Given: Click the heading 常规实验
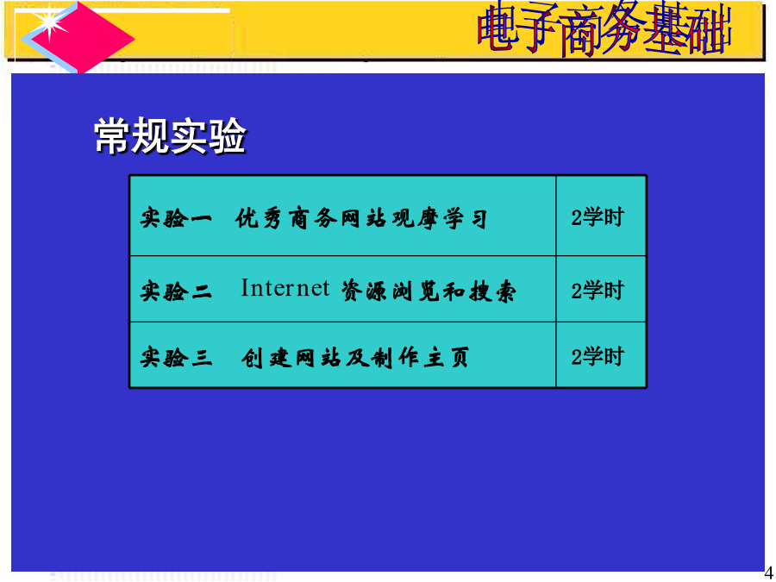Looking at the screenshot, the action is coord(170,135).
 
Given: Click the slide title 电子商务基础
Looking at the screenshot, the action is coord(604,28).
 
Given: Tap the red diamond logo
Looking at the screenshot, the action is coord(78,38).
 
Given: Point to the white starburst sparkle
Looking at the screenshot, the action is coord(50,23).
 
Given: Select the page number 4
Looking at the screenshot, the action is coord(768,573).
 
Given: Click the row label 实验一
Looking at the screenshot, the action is coord(176,218).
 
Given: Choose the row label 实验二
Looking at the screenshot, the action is coord(176,291).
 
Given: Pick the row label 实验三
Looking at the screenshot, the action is coord(176,357).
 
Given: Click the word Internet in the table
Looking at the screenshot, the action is coord(285,287).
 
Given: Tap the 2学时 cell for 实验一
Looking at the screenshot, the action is coord(597,217).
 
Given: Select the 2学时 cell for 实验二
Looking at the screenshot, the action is coord(597,291).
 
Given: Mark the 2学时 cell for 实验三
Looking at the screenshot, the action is coord(597,357).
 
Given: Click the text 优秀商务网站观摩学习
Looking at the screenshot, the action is coord(361,219).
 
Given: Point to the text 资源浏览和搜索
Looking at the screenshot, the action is coord(429,291).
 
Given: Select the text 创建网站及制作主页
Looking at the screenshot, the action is coord(355,358).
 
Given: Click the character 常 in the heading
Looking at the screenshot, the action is coord(112,136).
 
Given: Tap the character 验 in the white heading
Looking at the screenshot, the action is coord(227,136).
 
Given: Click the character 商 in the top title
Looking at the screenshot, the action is coord(583,29).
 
